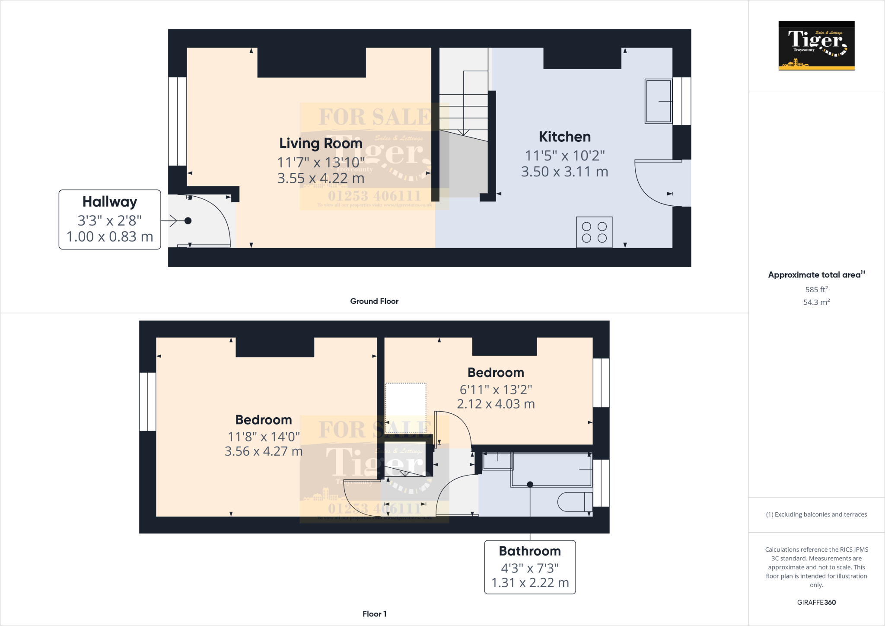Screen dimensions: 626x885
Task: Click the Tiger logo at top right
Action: coord(816,45)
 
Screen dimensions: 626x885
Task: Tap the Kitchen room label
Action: coord(564,137)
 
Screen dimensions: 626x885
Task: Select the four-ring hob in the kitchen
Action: coord(594,232)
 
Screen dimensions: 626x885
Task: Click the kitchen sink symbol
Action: coord(658,101)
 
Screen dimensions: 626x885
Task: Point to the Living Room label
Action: coord(321,143)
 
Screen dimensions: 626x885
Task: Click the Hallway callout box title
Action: coord(110,202)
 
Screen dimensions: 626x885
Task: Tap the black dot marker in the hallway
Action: coord(188,221)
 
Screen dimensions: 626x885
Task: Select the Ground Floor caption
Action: coord(374,301)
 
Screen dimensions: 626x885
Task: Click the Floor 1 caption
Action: coord(374,614)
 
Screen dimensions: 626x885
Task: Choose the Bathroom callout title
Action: coord(530,551)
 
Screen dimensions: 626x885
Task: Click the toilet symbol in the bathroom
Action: coord(575,502)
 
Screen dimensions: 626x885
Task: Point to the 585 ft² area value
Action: coord(816,289)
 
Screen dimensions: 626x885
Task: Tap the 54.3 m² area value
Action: coord(816,302)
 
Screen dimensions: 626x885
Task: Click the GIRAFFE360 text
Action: coord(816,602)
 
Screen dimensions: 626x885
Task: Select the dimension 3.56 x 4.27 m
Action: coord(264,451)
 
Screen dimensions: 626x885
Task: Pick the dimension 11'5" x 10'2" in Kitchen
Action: coord(564,156)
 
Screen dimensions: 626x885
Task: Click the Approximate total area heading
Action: coord(814,275)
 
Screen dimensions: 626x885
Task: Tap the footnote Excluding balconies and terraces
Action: coord(816,514)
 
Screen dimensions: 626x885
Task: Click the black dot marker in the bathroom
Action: coord(530,485)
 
